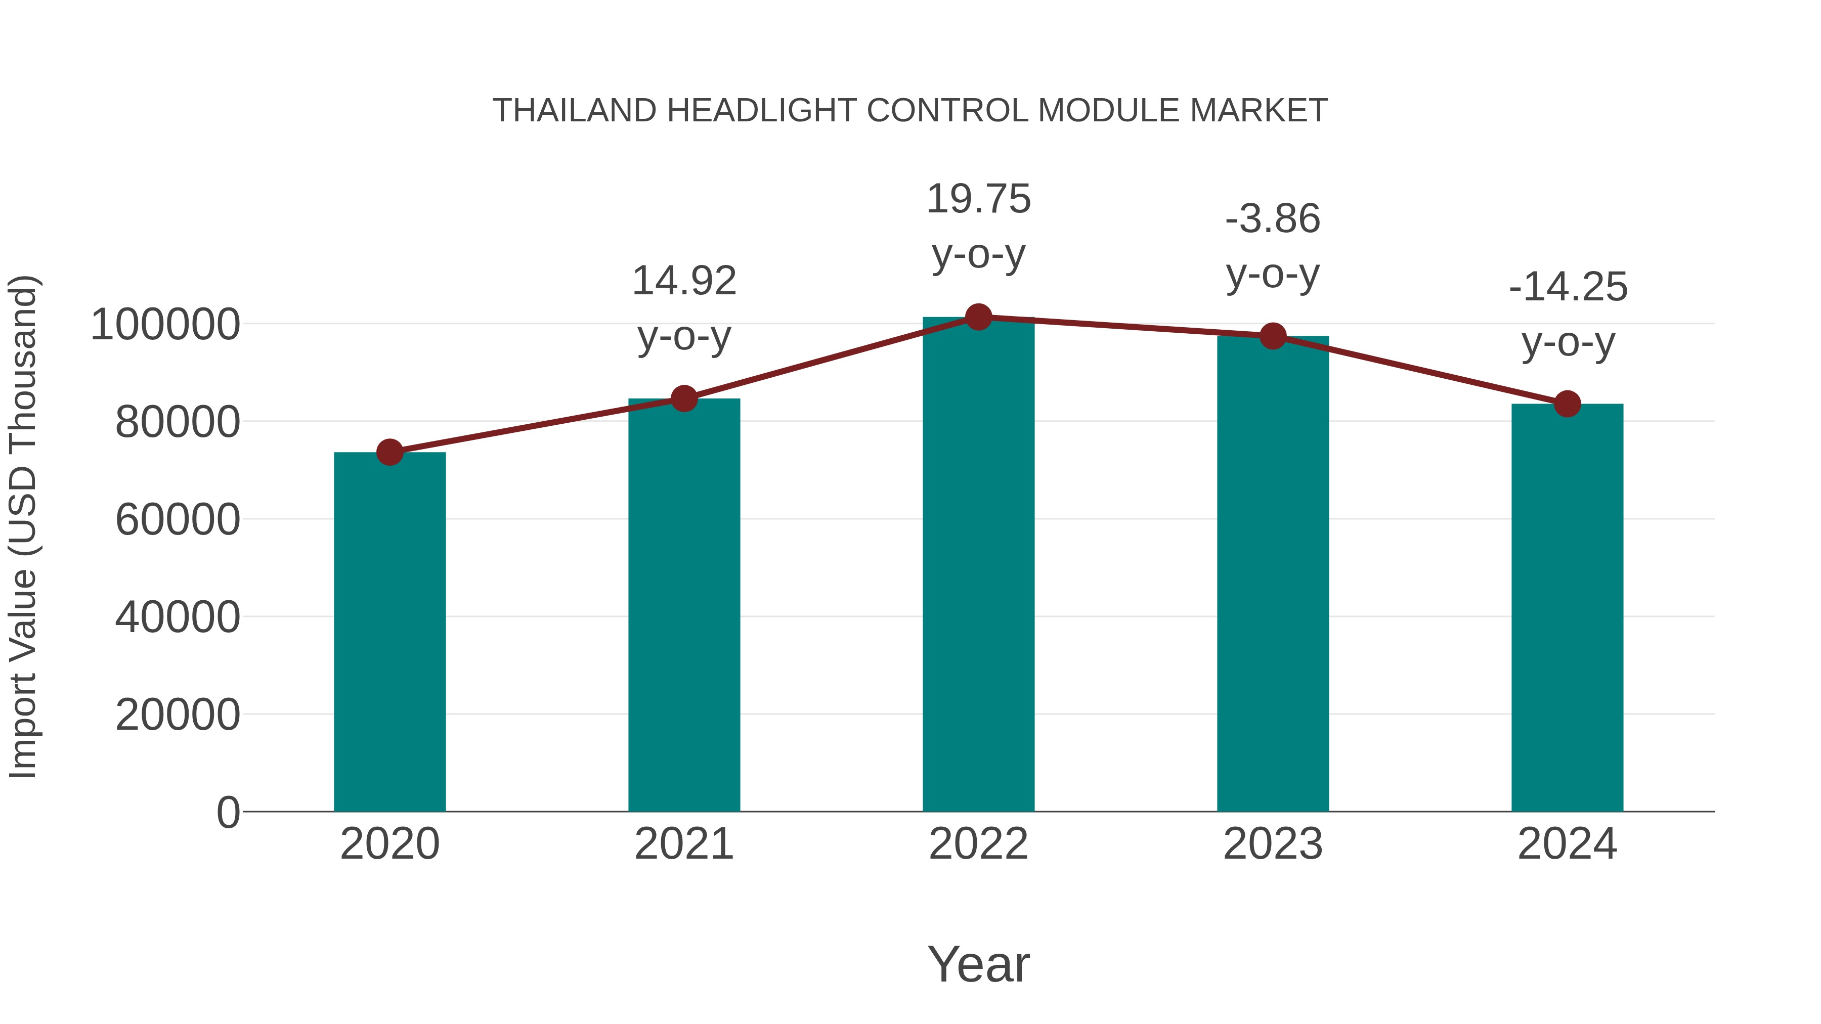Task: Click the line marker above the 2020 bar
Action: tap(389, 452)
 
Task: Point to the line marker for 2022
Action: tap(978, 317)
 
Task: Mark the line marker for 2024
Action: tap(1567, 404)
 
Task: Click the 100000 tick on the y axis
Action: tap(165, 325)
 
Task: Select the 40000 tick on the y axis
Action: tap(178, 617)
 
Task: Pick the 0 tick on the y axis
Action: tap(228, 813)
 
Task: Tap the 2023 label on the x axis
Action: tap(1273, 844)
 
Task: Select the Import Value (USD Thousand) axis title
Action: tap(23, 526)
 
